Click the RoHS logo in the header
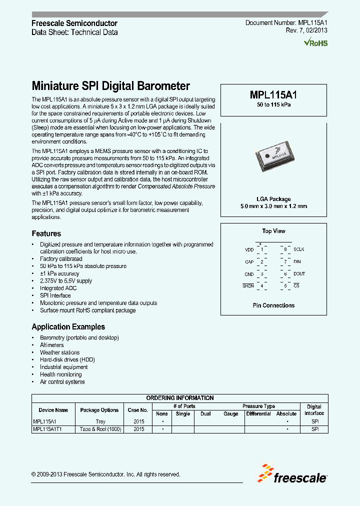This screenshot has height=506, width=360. tap(316, 43)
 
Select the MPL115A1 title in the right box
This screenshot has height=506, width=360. tap(274, 94)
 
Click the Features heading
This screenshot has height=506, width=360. tap(46, 233)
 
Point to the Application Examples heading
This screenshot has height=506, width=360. tap(68, 326)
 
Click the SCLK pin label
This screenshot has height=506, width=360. tap(299, 249)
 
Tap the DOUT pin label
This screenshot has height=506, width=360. tap(299, 273)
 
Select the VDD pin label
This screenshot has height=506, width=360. tap(249, 249)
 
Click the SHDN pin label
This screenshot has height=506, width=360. tap(248, 285)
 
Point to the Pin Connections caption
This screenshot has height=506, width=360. tap(273, 305)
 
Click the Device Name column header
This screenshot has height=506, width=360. tap(53, 410)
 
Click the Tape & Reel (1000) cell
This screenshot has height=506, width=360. tap(99, 429)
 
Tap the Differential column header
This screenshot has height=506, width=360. tap(258, 413)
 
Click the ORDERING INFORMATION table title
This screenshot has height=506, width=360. tap(180, 398)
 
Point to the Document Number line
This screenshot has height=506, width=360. tap(286, 23)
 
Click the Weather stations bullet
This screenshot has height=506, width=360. tap(59, 352)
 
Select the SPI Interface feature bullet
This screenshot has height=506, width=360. tap(55, 295)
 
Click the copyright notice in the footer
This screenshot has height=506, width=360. tap(105, 474)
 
